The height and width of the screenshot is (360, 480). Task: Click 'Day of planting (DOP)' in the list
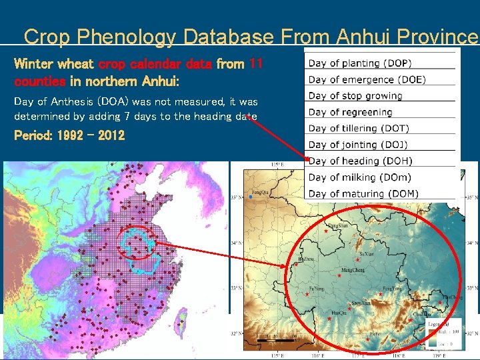click(x=360, y=63)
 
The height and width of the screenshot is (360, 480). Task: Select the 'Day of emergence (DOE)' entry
click(x=367, y=80)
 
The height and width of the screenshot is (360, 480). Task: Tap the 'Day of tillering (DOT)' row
click(x=359, y=128)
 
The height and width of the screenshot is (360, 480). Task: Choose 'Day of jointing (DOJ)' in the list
click(x=358, y=145)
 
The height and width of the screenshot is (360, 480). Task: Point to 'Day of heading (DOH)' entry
click(x=360, y=161)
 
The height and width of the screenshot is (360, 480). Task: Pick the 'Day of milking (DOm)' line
click(x=359, y=177)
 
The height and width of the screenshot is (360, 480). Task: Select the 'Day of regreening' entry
click(x=351, y=112)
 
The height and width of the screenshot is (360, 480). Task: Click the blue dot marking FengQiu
click(x=250, y=197)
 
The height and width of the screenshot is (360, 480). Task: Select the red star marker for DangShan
click(x=326, y=231)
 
